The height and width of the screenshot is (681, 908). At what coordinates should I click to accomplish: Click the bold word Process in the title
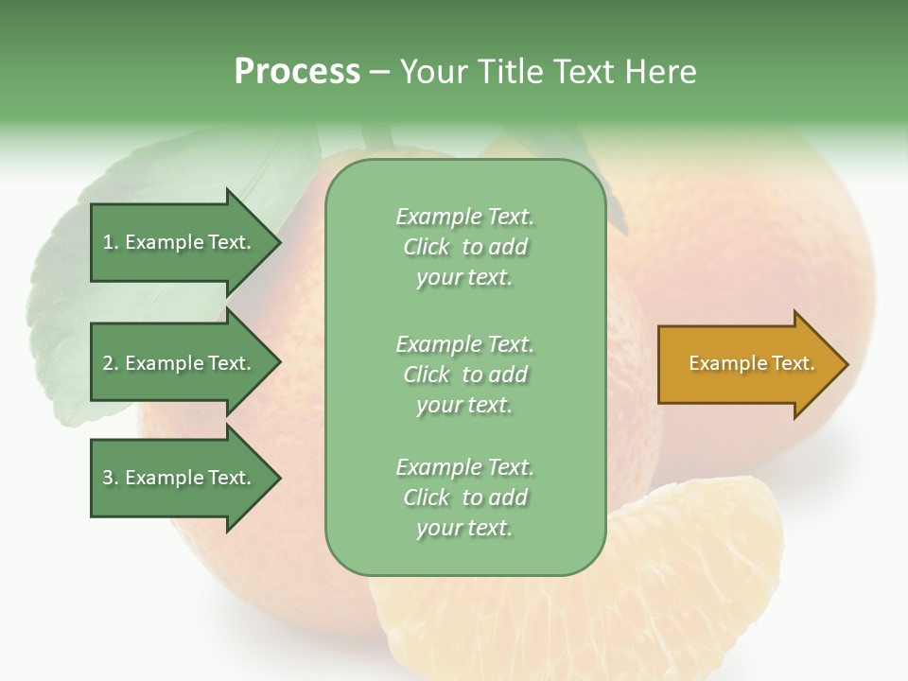click(297, 72)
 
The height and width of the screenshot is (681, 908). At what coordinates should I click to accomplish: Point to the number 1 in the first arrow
click(108, 243)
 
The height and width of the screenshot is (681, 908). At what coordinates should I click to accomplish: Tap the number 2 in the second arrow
click(108, 363)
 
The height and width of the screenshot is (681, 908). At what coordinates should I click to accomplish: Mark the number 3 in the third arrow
click(108, 478)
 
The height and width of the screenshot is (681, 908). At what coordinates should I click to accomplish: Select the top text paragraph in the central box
click(464, 247)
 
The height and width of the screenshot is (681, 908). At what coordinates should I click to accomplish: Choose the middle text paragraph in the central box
click(464, 375)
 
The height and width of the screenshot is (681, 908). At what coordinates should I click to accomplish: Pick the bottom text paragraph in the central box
click(464, 498)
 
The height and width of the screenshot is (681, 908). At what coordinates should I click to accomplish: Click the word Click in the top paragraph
click(427, 247)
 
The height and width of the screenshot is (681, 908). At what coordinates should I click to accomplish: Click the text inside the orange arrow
click(751, 363)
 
